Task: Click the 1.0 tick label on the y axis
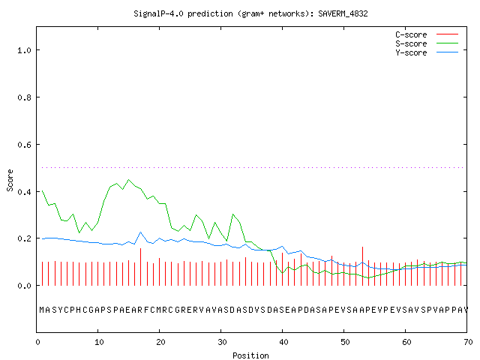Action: [24, 50]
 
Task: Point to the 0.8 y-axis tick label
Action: [24, 97]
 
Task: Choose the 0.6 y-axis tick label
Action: [24, 145]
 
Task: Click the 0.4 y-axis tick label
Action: [24, 192]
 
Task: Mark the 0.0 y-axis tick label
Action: [24, 286]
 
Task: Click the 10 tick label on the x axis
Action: [99, 342]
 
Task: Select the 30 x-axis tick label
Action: [222, 342]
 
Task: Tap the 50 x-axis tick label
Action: [345, 342]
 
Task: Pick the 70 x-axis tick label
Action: [468, 342]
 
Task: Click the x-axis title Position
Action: [250, 355]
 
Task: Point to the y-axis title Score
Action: [10, 180]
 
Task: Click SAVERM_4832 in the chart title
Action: [343, 13]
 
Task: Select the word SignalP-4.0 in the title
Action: [158, 13]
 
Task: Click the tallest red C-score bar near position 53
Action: [362, 266]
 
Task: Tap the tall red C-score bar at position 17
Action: [140, 267]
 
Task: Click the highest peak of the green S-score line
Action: [128, 180]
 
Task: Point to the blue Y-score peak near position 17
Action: [140, 232]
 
